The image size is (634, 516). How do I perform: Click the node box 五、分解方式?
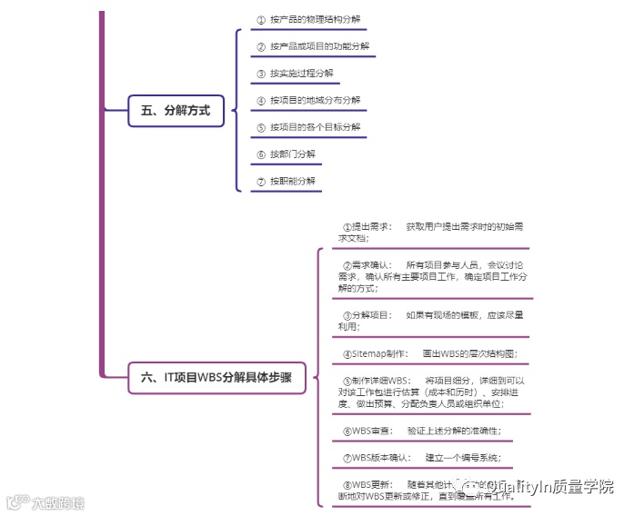[176, 111]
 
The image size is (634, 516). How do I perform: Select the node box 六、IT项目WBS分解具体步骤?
[216, 377]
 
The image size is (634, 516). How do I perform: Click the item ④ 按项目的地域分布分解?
[308, 101]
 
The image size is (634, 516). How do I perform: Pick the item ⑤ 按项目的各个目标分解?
[308, 128]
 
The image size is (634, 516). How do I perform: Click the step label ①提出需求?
[367, 226]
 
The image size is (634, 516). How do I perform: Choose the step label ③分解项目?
[367, 315]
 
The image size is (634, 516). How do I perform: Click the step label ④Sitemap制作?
[374, 353]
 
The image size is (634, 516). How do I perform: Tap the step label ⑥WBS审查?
[367, 431]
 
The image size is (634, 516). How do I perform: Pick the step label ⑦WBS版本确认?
[376, 457]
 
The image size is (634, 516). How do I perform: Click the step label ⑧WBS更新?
[367, 484]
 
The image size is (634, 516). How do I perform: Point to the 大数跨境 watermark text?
[55, 501]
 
